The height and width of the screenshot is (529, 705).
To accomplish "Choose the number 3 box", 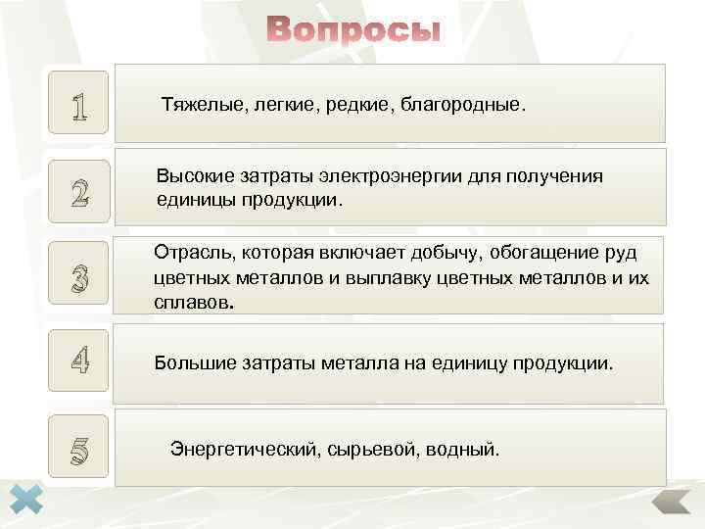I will click(79, 278).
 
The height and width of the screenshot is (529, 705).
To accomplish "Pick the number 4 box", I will click(79, 363).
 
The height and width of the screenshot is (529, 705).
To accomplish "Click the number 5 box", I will click(79, 450).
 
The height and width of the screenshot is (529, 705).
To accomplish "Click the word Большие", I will click(190, 363).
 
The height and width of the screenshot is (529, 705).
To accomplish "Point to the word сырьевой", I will click(359, 450).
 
